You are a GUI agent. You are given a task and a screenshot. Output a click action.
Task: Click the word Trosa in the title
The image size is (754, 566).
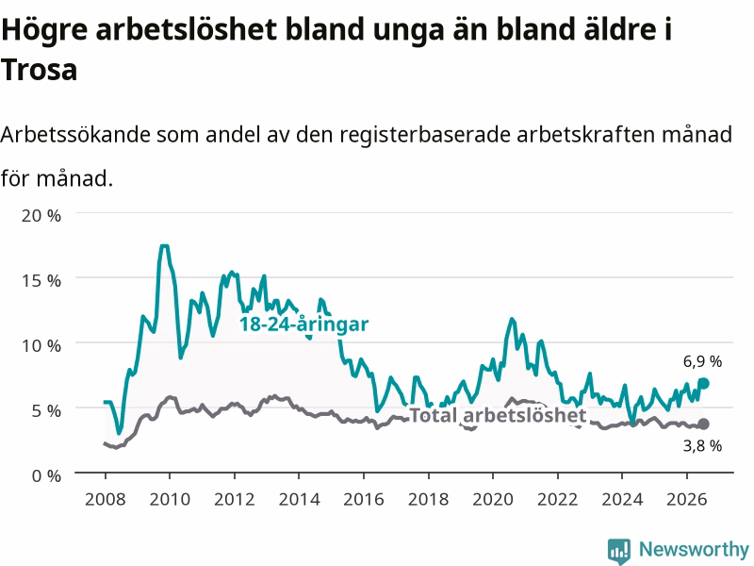click(39, 69)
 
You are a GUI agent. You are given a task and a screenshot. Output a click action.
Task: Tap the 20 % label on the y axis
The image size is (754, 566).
click(41, 216)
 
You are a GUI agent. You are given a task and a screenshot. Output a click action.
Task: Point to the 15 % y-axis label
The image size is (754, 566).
click(41, 280)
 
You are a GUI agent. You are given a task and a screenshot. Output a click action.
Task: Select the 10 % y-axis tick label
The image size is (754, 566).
click(41, 345)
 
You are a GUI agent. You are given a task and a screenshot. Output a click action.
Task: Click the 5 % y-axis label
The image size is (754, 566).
click(46, 410)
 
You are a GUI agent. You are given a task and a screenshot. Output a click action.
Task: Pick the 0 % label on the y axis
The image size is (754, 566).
click(46, 476)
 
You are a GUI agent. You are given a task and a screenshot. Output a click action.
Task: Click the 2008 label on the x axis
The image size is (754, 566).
click(106, 499)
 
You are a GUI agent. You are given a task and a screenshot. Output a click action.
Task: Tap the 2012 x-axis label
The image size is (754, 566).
click(234, 499)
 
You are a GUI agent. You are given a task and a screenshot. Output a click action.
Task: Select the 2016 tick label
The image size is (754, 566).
click(364, 499)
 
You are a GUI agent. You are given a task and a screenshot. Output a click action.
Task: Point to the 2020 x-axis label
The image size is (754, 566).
click(493, 499)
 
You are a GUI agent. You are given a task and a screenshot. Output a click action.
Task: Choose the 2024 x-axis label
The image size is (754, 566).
click(622, 499)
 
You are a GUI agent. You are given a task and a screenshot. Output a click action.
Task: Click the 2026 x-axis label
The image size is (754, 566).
click(687, 499)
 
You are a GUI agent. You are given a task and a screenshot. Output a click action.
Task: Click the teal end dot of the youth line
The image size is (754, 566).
click(703, 383)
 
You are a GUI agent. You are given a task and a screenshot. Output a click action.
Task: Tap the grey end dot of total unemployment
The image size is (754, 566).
click(703, 424)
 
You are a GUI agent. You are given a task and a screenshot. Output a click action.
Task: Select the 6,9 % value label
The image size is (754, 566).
click(702, 361)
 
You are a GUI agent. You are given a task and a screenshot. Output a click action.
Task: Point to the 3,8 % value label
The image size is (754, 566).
click(702, 445)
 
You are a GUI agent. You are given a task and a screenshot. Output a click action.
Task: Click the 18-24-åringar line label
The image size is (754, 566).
click(303, 325)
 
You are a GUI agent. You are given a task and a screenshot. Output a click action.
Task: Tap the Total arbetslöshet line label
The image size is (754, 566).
click(498, 415)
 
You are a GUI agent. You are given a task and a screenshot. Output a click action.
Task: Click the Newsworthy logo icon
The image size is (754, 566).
click(619, 550)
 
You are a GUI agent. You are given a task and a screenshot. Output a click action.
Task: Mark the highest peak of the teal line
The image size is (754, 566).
click(164, 246)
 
